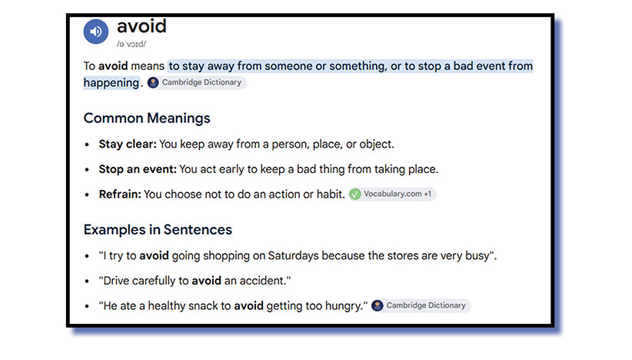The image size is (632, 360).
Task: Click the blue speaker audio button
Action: pyautogui.click(x=96, y=32)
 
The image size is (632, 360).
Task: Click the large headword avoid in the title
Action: pyautogui.click(x=141, y=26)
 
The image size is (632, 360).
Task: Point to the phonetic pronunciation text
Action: pyautogui.click(x=131, y=45)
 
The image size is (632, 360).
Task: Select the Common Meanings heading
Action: pyautogui.click(x=147, y=118)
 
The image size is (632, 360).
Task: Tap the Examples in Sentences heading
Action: pyautogui.click(x=158, y=230)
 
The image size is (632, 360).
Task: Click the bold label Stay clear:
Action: pyautogui.click(x=128, y=145)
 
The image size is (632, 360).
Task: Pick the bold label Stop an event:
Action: pyautogui.click(x=138, y=169)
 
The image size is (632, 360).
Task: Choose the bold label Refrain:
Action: pyautogui.click(x=120, y=195)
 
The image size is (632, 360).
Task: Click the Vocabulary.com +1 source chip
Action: pyautogui.click(x=392, y=195)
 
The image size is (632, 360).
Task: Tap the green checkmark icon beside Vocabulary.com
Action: pyautogui.click(x=355, y=195)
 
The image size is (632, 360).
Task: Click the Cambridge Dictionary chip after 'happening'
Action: pyautogui.click(x=196, y=82)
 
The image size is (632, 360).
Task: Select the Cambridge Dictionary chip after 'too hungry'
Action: pyautogui.click(x=421, y=305)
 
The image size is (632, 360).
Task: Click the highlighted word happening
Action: pyautogui.click(x=111, y=82)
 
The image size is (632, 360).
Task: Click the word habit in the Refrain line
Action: pyautogui.click(x=329, y=195)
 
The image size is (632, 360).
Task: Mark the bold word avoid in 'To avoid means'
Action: pyautogui.click(x=113, y=66)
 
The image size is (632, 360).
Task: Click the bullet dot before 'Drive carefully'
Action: pyautogui.click(x=87, y=282)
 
